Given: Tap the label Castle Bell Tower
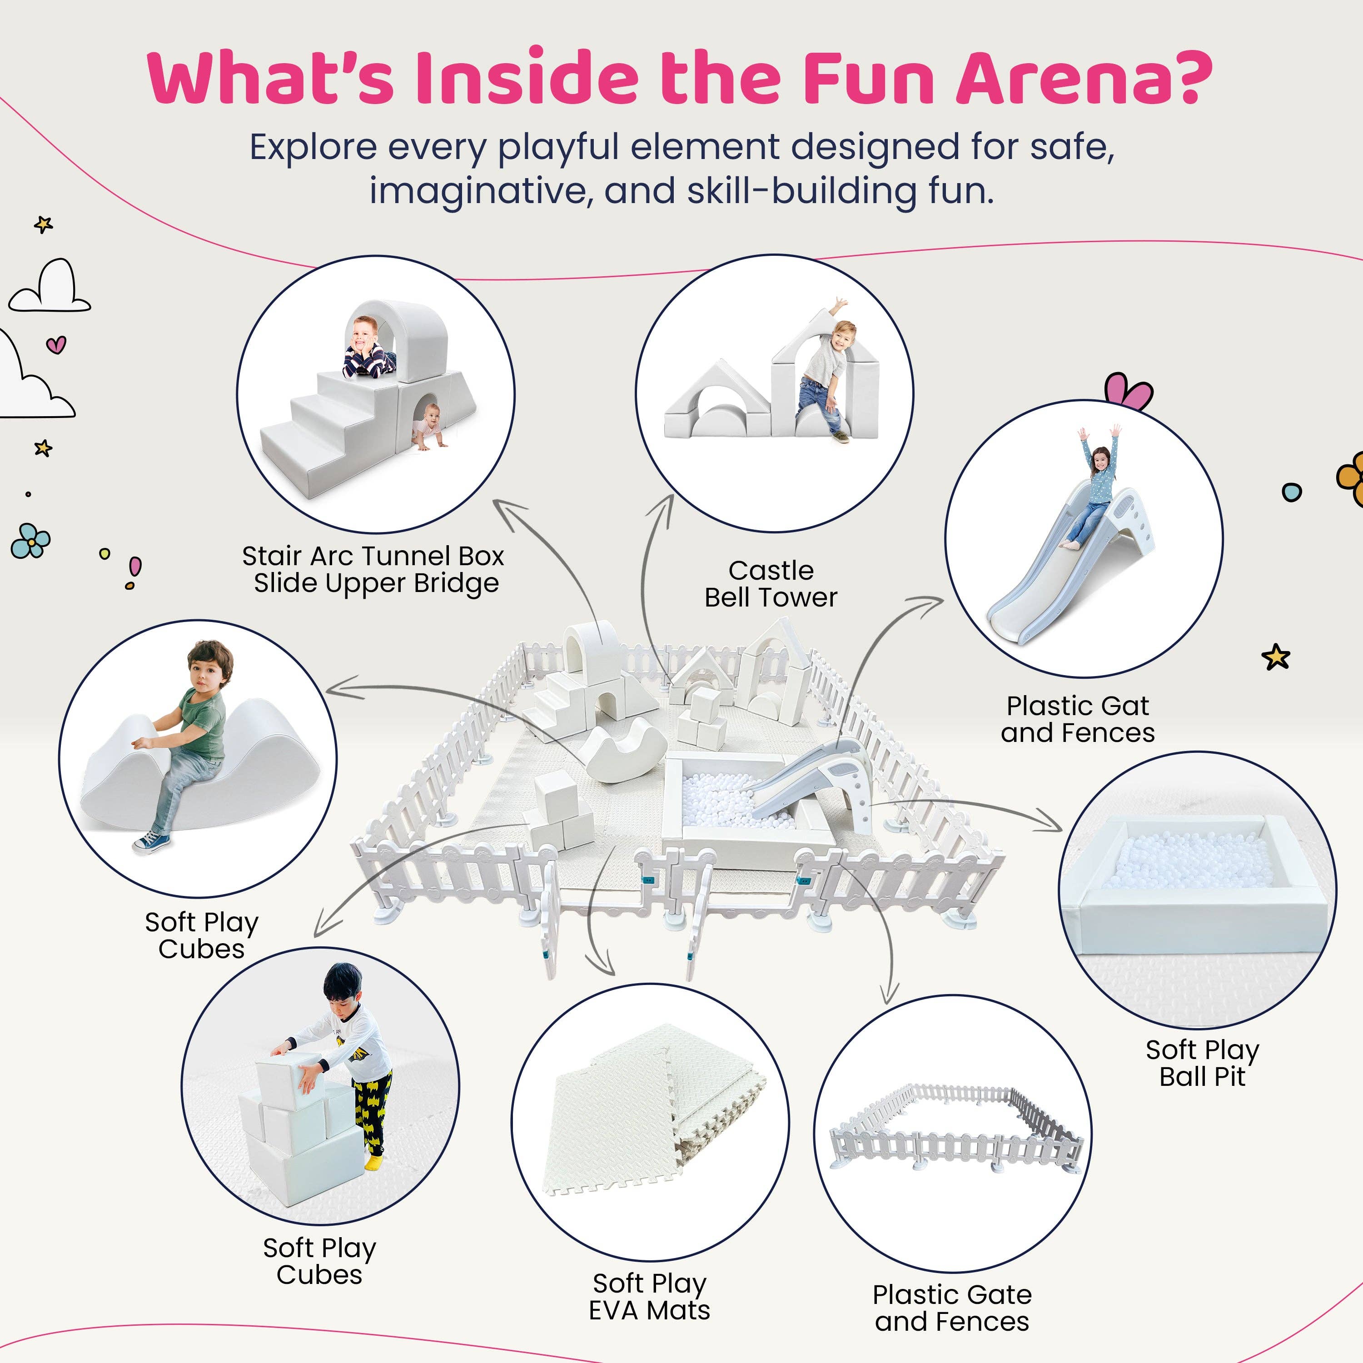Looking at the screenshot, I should click(x=771, y=583).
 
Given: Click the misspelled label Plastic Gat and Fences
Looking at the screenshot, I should click(x=1077, y=719).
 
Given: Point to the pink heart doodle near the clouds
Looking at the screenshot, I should click(x=56, y=345).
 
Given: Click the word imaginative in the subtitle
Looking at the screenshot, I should click(x=480, y=190).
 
